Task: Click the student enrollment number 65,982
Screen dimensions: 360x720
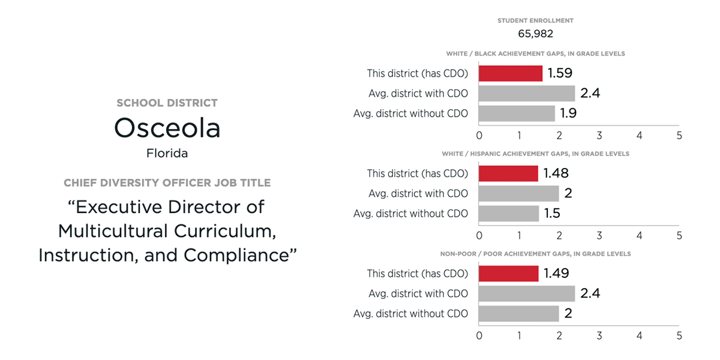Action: pos(535,34)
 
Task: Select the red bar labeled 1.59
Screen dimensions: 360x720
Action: pos(511,73)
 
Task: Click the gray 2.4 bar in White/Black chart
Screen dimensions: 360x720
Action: pos(527,93)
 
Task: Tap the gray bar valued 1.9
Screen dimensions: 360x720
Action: pos(517,113)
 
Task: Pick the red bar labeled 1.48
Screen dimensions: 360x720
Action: pos(508,173)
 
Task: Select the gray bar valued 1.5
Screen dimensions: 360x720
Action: pos(509,214)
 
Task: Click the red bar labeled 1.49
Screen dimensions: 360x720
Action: pos(509,274)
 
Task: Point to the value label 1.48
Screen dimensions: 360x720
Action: pos(556,173)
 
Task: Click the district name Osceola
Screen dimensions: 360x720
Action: pos(167,128)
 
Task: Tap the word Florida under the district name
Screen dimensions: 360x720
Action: pos(167,153)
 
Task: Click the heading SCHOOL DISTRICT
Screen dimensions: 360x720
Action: pos(167,103)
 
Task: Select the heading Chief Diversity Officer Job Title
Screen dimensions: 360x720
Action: pos(167,183)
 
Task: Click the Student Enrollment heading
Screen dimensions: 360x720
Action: pos(535,21)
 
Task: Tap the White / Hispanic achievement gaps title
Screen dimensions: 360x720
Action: pos(535,154)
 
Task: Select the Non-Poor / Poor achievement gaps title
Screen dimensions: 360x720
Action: pos(535,254)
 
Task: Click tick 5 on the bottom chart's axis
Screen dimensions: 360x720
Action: pos(679,336)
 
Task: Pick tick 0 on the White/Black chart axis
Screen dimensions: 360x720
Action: pos(479,136)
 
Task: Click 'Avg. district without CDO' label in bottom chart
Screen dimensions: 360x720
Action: pos(410,314)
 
